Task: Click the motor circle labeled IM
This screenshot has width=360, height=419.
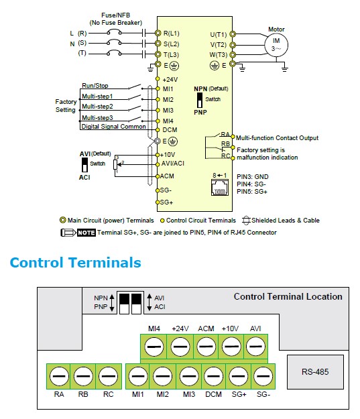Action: pos(276,45)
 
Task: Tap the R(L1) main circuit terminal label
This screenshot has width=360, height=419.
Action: pos(172,34)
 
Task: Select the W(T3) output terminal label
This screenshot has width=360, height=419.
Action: pos(219,55)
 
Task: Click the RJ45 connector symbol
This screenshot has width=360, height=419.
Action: pos(220,187)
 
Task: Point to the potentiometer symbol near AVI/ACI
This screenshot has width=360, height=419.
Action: pos(115,164)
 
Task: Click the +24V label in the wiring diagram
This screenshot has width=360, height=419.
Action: pos(170,80)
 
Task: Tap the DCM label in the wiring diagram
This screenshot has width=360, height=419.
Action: pos(170,130)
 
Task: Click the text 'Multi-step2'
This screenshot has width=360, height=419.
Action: pos(97,107)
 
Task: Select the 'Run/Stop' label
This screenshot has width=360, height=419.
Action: pos(95,86)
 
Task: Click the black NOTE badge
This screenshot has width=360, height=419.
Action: pos(86,233)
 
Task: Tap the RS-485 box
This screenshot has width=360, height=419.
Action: pos(315,371)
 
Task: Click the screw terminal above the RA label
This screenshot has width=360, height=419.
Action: pos(59,376)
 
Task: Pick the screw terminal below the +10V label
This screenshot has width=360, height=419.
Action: pos(231,347)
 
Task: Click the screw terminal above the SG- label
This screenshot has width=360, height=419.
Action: pos(263,376)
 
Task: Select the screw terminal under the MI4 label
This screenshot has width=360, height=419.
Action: pos(154,347)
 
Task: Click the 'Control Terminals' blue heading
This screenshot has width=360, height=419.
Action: pos(75,262)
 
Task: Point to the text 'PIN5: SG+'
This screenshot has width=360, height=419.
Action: pos(252,192)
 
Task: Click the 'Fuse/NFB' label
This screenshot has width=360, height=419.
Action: pos(115,15)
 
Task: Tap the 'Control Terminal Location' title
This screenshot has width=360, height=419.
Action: pos(288,296)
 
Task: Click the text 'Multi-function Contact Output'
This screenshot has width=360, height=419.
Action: pos(277,138)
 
